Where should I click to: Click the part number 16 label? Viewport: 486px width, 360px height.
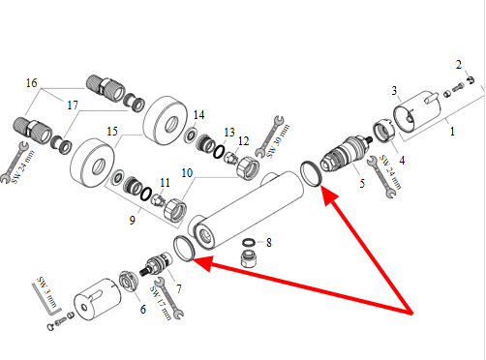[x=32, y=83]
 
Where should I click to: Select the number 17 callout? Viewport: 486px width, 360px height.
[x=73, y=105]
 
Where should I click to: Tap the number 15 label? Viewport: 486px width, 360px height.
[x=112, y=132]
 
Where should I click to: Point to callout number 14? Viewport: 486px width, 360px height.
[x=198, y=115]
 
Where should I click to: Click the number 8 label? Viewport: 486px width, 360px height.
[x=269, y=242]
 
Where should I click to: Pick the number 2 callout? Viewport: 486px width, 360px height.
[x=459, y=65]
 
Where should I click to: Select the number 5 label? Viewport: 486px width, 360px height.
[x=362, y=184]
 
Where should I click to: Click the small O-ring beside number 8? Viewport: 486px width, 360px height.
[x=249, y=242]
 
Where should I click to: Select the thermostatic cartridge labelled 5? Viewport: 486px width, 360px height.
[x=346, y=153]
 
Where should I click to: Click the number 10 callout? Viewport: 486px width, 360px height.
[x=187, y=173]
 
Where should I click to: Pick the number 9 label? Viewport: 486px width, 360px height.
[x=132, y=221]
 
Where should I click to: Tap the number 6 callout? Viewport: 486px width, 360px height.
[x=142, y=310]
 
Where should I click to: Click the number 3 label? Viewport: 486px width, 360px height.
[x=394, y=91]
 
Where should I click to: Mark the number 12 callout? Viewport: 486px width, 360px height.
[x=243, y=141]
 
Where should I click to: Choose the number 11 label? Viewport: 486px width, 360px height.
[x=165, y=183]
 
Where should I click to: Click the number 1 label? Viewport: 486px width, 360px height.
[x=452, y=132]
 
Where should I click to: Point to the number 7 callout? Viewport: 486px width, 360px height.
[x=178, y=288]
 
